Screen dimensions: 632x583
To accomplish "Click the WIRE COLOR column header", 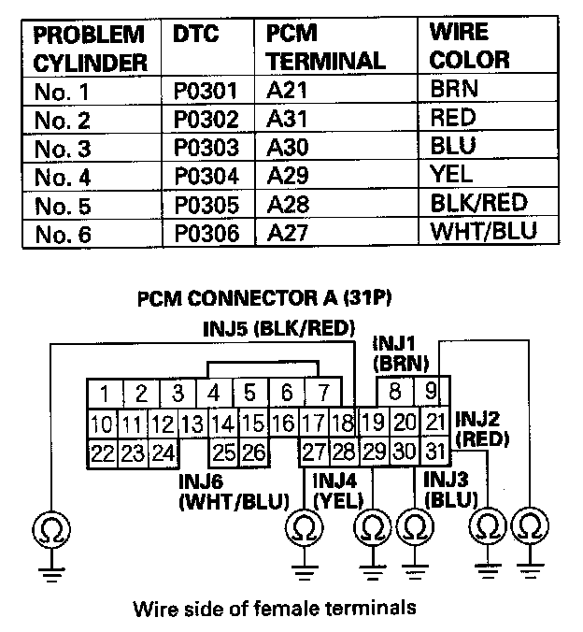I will (x=469, y=47).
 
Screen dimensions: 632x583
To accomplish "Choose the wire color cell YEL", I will (x=451, y=175).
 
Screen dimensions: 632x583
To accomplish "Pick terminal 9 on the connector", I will (x=431, y=391).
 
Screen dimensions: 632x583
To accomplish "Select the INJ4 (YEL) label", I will (x=338, y=490).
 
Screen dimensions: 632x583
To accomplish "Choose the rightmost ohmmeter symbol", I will (x=531, y=525).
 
